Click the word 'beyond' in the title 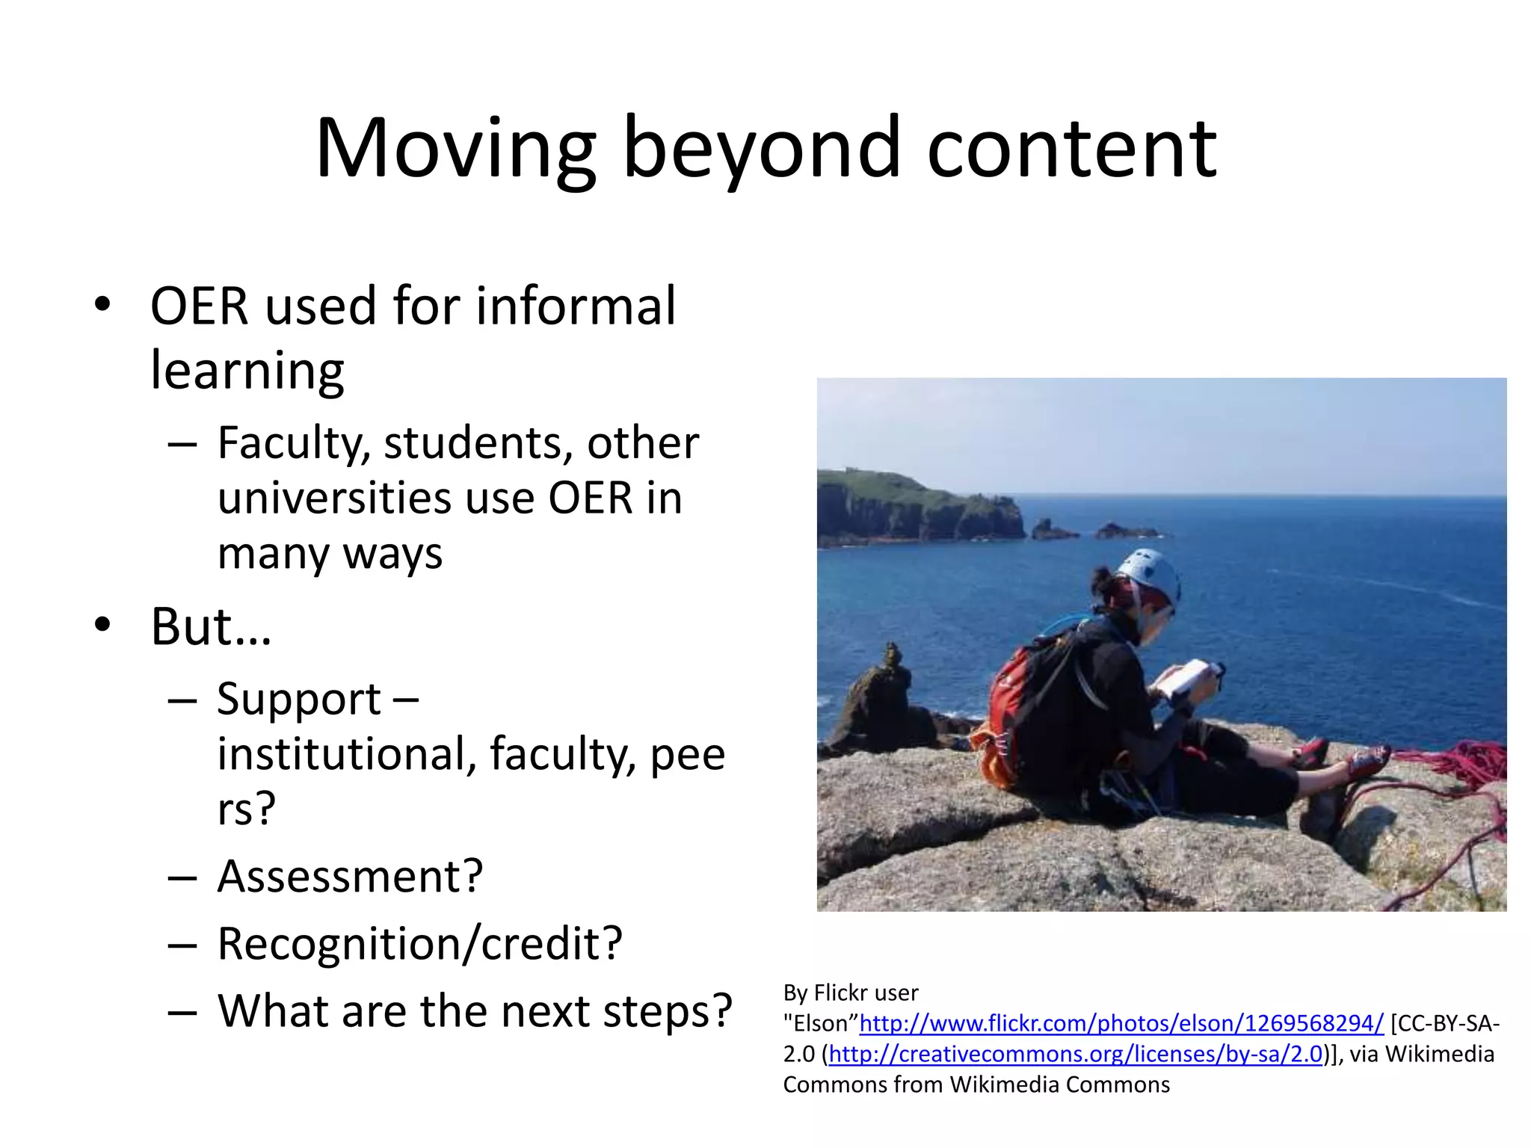tap(761, 149)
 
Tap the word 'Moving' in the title tap(455, 149)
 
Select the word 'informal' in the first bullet tap(575, 306)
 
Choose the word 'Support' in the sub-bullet tap(299, 700)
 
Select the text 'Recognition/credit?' tap(419, 943)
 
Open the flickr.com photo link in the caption tap(1121, 1023)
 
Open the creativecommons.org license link tap(1076, 1054)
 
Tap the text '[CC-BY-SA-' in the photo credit tap(1445, 1023)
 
